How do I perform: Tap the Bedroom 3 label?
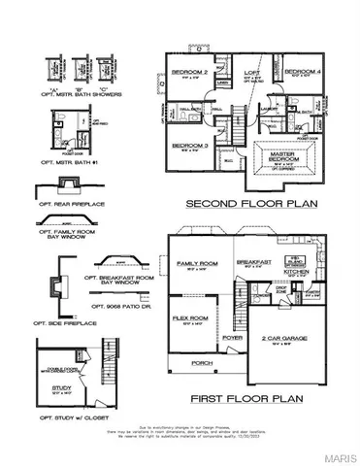pyautogui.click(x=187, y=145)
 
